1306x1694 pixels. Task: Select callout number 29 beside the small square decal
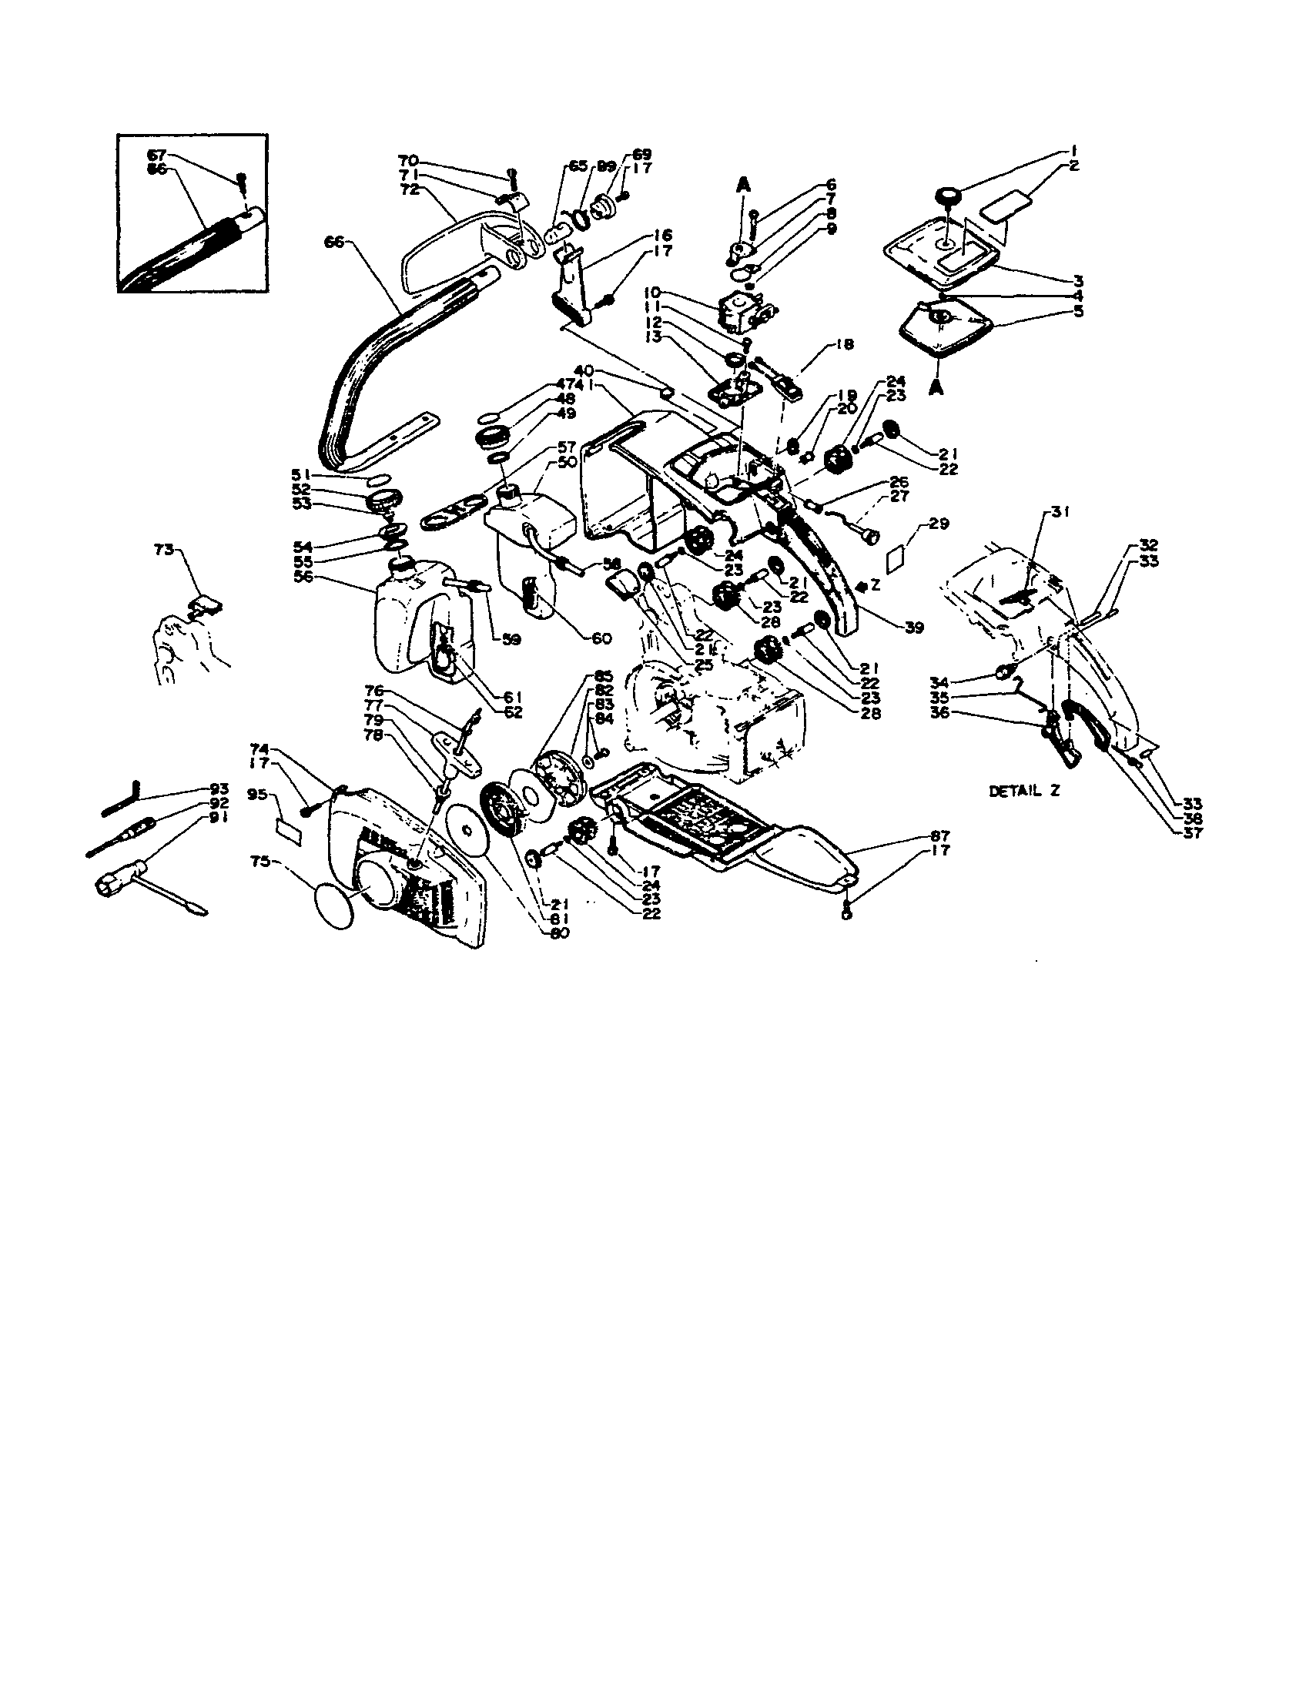click(x=939, y=524)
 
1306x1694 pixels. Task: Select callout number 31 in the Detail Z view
click(x=1060, y=512)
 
